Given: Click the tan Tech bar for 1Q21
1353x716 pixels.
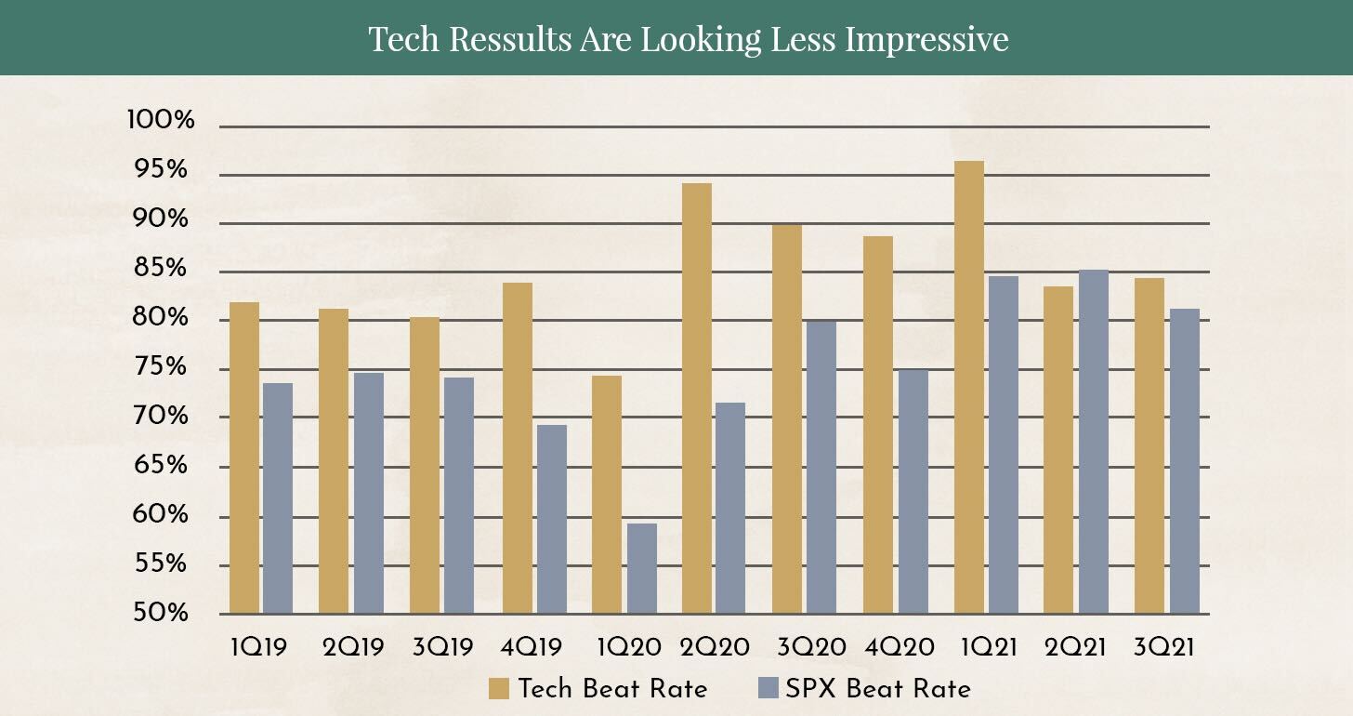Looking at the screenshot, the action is point(969,388).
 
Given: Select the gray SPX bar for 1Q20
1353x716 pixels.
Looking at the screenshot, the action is point(642,568).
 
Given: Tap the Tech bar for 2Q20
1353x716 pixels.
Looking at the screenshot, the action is point(697,398).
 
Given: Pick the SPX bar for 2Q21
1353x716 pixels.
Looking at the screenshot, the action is point(1094,442).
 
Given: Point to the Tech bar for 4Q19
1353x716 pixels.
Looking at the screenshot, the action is point(518,448).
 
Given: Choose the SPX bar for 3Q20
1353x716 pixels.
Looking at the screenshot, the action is point(821,468).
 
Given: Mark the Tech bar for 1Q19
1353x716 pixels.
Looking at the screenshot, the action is point(244,458).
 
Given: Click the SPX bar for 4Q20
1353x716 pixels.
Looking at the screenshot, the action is point(913,492).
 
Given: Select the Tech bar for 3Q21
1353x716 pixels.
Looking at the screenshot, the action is point(1149,446).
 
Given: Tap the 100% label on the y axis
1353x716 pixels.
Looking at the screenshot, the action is point(161,120).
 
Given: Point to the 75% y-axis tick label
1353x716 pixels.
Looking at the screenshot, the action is point(161,366).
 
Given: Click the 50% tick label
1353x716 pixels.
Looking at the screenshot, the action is point(161,613).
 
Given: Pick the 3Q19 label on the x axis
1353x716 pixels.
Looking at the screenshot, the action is point(442,648).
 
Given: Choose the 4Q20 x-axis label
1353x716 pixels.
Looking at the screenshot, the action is point(900,648).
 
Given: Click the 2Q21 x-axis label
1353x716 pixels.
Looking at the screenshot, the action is point(1075,648).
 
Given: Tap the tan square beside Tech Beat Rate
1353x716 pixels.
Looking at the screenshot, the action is point(499,689).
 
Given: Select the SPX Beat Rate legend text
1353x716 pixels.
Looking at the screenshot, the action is point(877,689).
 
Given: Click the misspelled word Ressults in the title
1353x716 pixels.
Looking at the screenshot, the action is point(510,39).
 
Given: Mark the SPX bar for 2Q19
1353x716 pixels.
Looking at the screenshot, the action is point(368,493).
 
